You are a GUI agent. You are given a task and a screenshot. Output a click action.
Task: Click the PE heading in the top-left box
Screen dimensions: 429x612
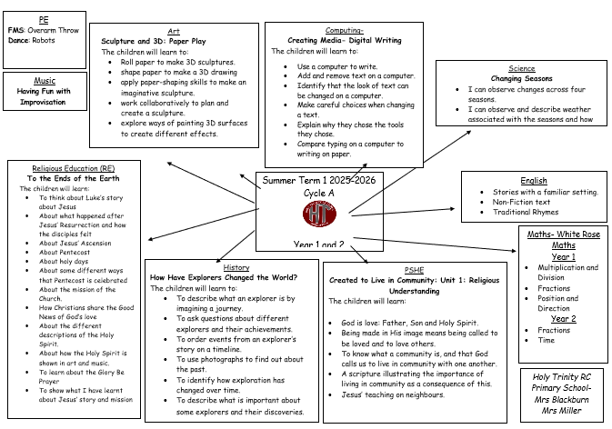click(x=44, y=19)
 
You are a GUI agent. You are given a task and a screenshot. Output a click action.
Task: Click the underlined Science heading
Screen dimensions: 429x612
click(x=521, y=68)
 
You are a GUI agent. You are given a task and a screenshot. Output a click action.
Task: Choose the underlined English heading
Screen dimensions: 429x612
click(x=534, y=181)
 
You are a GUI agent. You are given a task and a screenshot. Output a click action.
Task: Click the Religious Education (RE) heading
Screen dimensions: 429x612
click(x=72, y=168)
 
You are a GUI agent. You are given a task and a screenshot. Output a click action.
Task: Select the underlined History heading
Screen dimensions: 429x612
click(x=236, y=267)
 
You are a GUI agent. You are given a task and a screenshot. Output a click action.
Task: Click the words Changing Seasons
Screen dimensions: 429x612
click(x=521, y=79)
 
